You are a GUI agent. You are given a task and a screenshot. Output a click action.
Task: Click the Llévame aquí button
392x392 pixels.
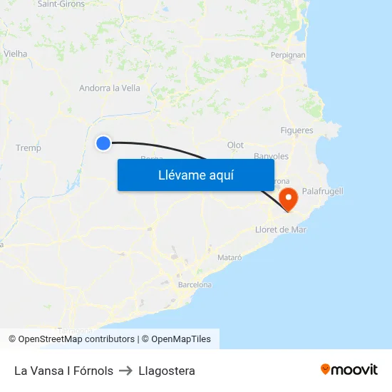[x=195, y=175]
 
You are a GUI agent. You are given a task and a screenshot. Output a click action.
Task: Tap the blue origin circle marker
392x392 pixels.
[x=103, y=143]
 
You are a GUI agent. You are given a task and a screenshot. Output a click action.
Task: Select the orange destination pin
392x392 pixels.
[x=289, y=197]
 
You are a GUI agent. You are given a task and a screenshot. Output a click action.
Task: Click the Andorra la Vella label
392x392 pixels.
[x=110, y=88]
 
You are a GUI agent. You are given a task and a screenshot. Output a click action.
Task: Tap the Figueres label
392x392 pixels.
[x=296, y=130]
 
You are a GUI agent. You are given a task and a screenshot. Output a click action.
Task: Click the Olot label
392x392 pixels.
[x=235, y=145]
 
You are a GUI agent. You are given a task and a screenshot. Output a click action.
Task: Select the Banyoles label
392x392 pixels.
[x=271, y=156]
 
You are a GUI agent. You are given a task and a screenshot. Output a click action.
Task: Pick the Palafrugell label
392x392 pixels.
[x=322, y=191]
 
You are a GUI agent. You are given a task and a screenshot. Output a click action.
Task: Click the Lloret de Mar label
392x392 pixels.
[x=280, y=229]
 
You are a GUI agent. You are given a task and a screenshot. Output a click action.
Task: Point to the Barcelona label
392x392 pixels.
[x=195, y=284]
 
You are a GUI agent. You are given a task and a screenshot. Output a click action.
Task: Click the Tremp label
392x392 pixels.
[x=29, y=148]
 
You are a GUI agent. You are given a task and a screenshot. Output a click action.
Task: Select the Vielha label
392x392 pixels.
[x=16, y=53]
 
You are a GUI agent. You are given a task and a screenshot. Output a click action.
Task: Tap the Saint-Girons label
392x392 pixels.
[x=61, y=4]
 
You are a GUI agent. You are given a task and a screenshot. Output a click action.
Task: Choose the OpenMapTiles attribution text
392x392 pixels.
[x=181, y=339]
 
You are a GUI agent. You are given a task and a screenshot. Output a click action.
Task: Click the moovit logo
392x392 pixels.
[x=349, y=369]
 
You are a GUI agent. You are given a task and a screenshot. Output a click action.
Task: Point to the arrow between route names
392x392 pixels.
[x=126, y=371]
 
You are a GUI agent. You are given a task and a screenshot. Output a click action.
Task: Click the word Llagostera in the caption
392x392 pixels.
[x=167, y=371]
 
